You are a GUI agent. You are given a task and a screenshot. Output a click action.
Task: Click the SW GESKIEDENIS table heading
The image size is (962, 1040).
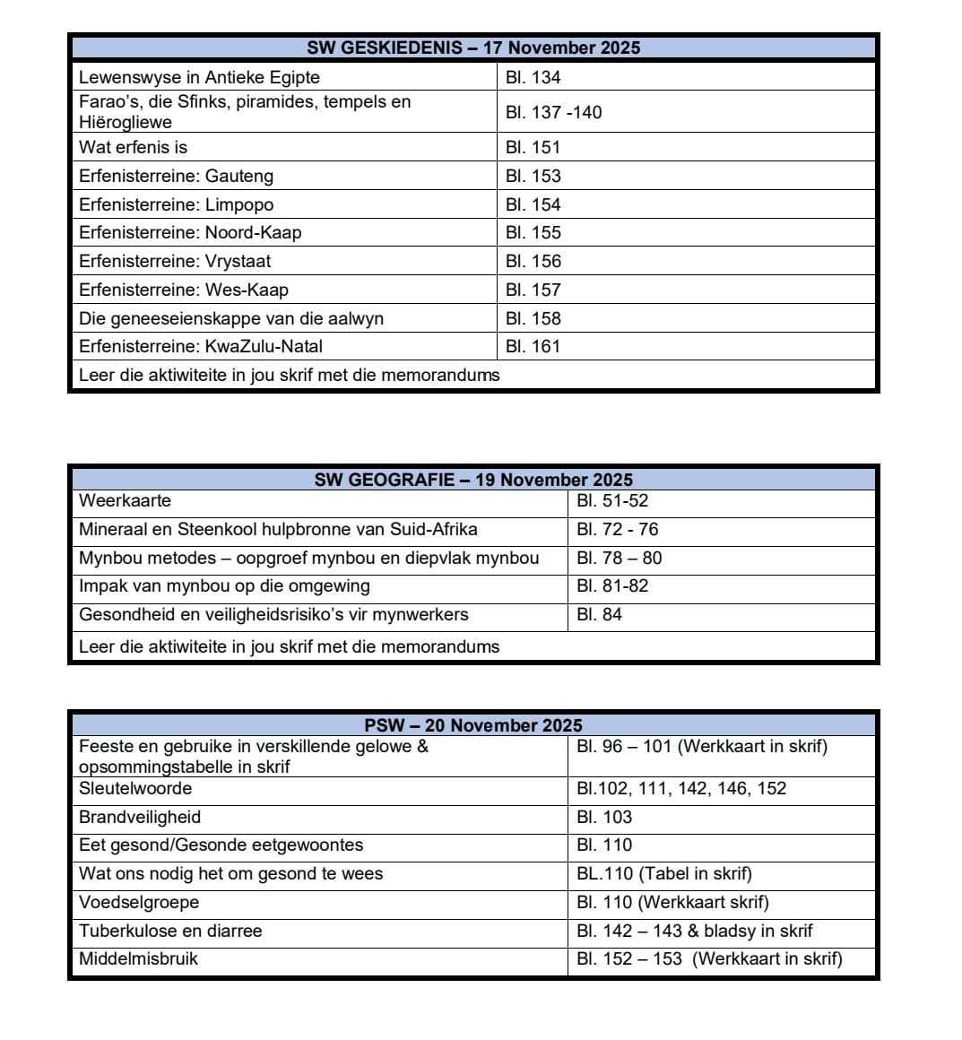473,48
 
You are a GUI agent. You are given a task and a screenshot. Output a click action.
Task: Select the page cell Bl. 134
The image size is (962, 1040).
533,77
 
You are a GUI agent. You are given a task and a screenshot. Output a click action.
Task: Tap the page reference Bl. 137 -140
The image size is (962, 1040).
553,112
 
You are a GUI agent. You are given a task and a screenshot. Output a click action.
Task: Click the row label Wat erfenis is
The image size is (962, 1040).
133,147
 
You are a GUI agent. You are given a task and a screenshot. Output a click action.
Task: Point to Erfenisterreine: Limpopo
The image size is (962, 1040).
176,204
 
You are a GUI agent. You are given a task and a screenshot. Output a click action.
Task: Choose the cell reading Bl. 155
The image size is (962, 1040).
533,232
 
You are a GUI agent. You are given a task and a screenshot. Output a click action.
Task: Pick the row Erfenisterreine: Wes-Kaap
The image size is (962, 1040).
184,290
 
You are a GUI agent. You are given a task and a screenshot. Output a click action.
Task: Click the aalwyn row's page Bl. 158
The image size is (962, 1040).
533,318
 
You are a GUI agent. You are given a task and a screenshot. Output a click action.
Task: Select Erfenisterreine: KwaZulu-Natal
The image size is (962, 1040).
201,346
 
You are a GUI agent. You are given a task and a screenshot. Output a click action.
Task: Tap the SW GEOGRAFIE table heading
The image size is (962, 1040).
473,480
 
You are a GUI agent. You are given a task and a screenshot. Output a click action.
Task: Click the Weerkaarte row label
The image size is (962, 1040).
125,500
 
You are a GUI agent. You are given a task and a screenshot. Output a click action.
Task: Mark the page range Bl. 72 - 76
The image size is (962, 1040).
618,529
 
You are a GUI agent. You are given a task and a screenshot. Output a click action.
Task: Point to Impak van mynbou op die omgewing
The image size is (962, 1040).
224,586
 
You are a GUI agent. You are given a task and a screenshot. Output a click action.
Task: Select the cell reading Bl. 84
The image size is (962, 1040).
599,614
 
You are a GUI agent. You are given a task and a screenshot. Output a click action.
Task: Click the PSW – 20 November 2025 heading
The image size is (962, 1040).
473,725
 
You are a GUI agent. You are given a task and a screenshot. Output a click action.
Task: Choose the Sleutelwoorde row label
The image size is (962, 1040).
135,789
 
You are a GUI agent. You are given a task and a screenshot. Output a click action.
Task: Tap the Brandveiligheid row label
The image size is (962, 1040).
140,817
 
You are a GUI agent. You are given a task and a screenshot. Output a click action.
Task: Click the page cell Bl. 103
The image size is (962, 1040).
604,817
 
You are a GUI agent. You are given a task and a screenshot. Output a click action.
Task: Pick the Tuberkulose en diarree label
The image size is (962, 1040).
170,931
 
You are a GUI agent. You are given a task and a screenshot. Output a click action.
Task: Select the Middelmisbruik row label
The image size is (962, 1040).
138,958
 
